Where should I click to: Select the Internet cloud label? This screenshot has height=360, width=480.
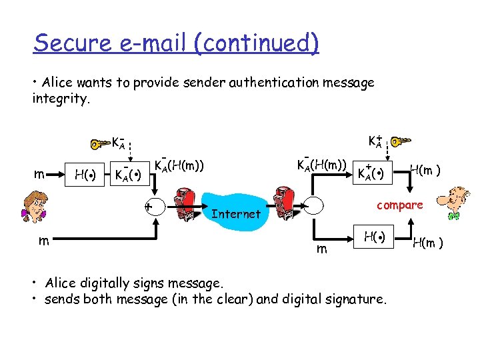click(235, 214)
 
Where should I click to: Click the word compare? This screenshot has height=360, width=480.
click(401, 205)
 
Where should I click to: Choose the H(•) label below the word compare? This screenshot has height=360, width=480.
click(373, 236)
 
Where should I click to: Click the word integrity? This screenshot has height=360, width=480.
click(59, 99)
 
